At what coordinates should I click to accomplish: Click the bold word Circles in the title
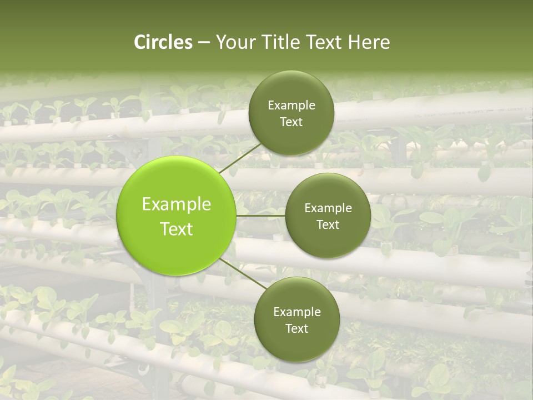[x=163, y=42]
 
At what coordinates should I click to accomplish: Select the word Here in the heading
[x=369, y=42]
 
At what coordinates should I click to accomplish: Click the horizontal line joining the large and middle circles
[x=260, y=216]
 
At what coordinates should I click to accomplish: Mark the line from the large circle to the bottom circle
[x=243, y=274]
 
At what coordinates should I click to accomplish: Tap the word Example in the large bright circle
[x=177, y=204]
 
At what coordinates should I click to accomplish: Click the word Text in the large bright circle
[x=177, y=229]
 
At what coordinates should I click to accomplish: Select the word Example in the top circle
[x=291, y=105]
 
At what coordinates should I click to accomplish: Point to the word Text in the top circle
[x=291, y=122]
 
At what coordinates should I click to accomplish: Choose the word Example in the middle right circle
[x=328, y=208]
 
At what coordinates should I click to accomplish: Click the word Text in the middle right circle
[x=328, y=224]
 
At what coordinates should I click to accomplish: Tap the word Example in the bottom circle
[x=297, y=312]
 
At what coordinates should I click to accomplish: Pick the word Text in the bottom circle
[x=297, y=328]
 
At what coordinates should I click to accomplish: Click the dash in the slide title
[x=204, y=43]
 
